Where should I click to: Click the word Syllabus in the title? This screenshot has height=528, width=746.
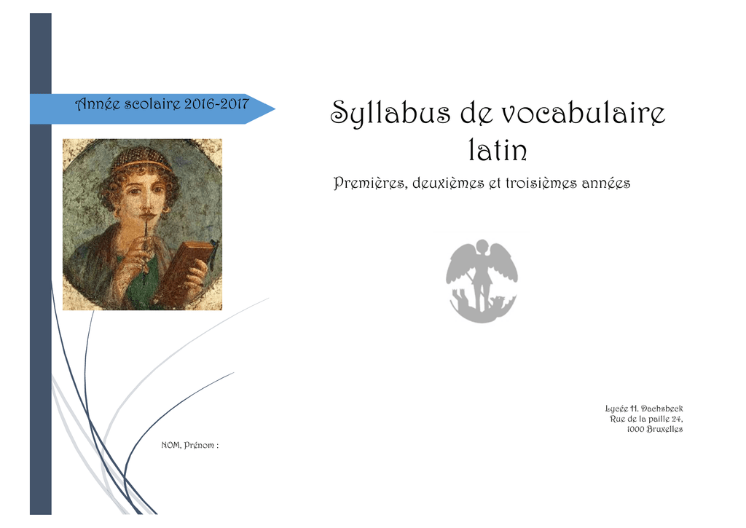click(x=390, y=113)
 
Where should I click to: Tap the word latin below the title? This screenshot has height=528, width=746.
click(x=498, y=150)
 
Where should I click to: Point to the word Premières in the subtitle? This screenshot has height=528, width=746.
click(x=370, y=183)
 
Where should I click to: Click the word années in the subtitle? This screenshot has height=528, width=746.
click(x=600, y=183)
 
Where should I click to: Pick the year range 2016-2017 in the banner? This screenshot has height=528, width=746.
click(x=216, y=103)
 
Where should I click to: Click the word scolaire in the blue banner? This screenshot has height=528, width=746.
click(x=152, y=103)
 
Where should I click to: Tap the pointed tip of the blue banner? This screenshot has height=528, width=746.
click(x=275, y=109)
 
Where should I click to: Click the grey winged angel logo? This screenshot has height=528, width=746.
click(x=482, y=280)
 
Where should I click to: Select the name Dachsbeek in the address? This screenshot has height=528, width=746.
click(x=661, y=409)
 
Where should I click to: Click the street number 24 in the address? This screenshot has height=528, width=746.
click(x=677, y=419)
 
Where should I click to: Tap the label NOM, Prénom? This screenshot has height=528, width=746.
click(x=190, y=445)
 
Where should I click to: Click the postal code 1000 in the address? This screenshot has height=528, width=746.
click(x=635, y=429)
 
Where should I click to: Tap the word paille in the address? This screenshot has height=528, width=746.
click(x=658, y=419)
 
